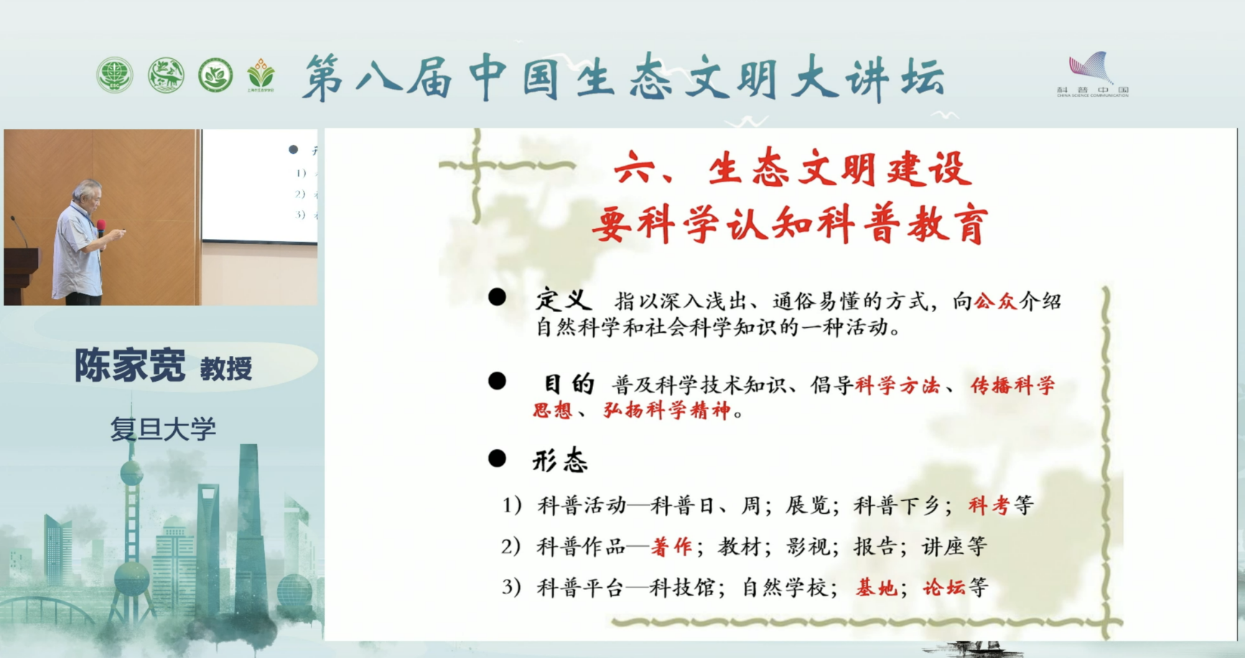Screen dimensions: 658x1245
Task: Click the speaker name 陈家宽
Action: pyautogui.click(x=130, y=365)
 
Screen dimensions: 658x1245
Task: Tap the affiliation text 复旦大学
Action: pyautogui.click(x=163, y=429)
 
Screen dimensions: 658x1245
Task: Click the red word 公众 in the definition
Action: pyautogui.click(x=995, y=301)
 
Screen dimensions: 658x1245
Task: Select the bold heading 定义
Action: pyautogui.click(x=564, y=300)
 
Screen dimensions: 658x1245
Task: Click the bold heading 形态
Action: pyautogui.click(x=560, y=460)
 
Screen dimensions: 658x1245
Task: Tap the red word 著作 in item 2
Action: pyautogui.click(x=671, y=547)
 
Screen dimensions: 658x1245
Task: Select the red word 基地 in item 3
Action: pyautogui.click(x=877, y=588)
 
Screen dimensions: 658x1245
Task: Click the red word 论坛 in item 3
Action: pyautogui.click(x=943, y=588)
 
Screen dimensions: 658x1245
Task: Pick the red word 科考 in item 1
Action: pyautogui.click(x=989, y=506)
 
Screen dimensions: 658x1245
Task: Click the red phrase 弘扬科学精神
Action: pyautogui.click(x=667, y=410)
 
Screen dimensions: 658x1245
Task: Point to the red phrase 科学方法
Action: pyautogui.click(x=897, y=385)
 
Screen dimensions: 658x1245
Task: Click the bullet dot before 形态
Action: pyautogui.click(x=497, y=459)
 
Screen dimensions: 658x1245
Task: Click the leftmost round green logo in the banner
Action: pyautogui.click(x=115, y=75)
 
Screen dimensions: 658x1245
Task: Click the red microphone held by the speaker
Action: pyautogui.click(x=101, y=227)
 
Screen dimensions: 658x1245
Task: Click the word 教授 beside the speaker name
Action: pyautogui.click(x=226, y=369)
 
